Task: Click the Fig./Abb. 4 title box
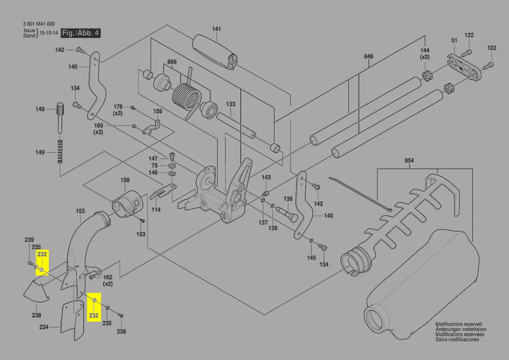pyautogui.click(x=81, y=33)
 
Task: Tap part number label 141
pyautogui.click(x=216, y=29)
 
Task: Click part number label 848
pyautogui.click(x=369, y=57)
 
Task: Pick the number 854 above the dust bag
pyautogui.click(x=409, y=161)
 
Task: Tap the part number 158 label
pyautogui.click(x=125, y=180)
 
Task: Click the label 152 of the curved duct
pyautogui.click(x=80, y=211)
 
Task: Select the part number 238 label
pyautogui.click(x=37, y=315)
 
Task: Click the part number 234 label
pyautogui.click(x=44, y=327)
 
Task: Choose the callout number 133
pyautogui.click(x=230, y=104)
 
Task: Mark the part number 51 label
pyautogui.click(x=454, y=41)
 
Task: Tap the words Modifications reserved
pyautogui.click(x=458, y=324)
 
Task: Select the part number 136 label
pyautogui.click(x=288, y=199)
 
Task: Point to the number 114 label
pyautogui.click(x=156, y=210)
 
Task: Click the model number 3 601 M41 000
pyautogui.click(x=39, y=24)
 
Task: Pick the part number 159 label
pyautogui.click(x=157, y=111)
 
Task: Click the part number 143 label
pyautogui.click(x=266, y=177)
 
